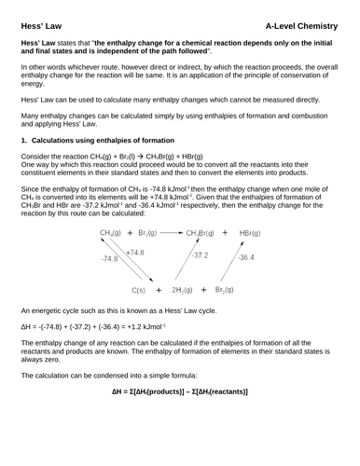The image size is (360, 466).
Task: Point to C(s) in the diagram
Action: click(141, 292)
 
